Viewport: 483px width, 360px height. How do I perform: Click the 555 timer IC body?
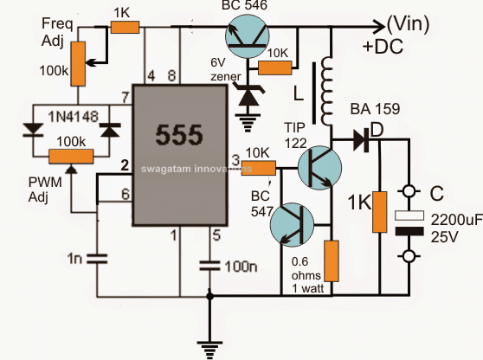tap(180, 155)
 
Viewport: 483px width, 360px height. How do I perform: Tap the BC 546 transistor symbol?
tap(247, 37)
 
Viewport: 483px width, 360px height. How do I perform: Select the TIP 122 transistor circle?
tap(319, 168)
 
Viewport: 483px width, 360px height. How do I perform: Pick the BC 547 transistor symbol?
tap(292, 224)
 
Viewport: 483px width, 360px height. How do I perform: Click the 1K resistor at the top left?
tap(125, 27)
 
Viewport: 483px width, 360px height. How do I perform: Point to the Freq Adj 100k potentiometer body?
tap(78, 64)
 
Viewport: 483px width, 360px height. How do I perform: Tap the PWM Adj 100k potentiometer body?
tap(71, 156)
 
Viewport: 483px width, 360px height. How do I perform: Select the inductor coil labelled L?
tap(326, 92)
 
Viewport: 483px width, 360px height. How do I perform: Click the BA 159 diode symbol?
tap(361, 140)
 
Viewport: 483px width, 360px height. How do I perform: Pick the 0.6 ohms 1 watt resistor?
tap(332, 261)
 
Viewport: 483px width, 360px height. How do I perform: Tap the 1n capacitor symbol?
tap(97, 259)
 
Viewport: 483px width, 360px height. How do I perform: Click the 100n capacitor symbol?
tap(209, 266)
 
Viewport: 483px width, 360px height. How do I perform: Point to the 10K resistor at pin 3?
tap(259, 168)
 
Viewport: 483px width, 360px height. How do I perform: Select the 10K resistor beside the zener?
tap(274, 67)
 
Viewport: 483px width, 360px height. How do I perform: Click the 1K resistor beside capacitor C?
tap(379, 212)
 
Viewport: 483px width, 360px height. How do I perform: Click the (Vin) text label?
tap(409, 24)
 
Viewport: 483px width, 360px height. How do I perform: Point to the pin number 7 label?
tap(125, 98)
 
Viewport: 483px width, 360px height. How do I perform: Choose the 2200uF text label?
tap(456, 220)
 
